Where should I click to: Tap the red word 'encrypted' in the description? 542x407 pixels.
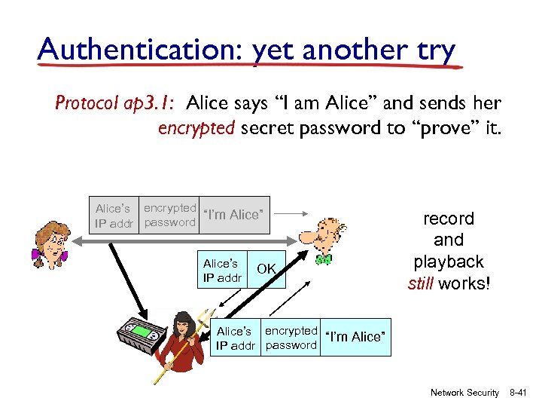196,127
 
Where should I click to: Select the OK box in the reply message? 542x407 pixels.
266,269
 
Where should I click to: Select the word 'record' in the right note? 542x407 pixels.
448,219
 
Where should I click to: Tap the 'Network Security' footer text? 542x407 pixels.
464,393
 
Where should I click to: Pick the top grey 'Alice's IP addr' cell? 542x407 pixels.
114,216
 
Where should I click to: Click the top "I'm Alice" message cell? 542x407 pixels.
236,215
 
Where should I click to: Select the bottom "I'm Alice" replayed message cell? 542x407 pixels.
357,337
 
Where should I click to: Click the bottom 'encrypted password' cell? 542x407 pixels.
291,338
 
